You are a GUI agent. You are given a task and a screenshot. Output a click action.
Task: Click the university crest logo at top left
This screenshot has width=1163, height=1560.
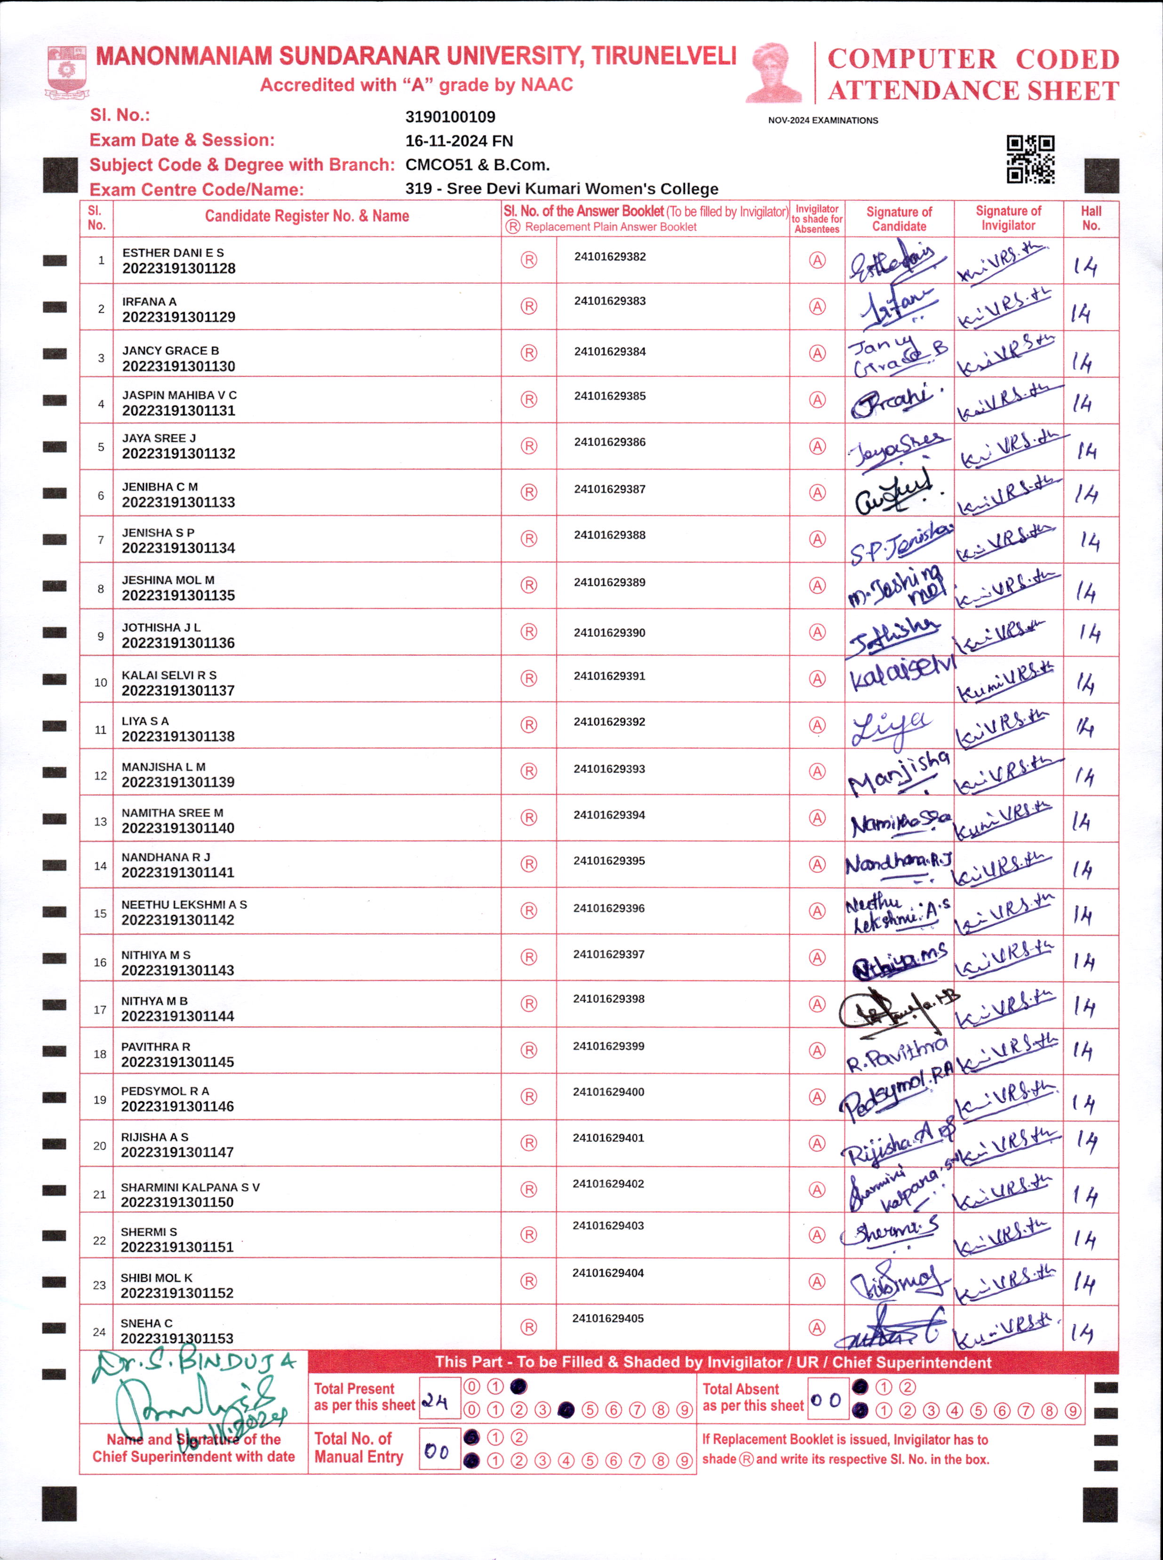click(67, 71)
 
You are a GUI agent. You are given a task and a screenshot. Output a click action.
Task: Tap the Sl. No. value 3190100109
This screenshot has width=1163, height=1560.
click(450, 117)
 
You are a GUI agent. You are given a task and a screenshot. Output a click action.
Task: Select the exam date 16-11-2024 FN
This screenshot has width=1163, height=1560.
click(458, 141)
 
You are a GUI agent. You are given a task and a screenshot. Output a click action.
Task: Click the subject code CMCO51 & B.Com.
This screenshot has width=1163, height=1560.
click(477, 165)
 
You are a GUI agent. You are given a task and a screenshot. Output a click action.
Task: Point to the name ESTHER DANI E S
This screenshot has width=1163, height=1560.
click(173, 253)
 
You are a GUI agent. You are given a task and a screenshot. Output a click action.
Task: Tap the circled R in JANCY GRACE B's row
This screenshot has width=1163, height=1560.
click(529, 353)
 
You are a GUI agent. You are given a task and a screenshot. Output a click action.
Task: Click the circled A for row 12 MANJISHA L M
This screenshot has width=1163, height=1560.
click(817, 772)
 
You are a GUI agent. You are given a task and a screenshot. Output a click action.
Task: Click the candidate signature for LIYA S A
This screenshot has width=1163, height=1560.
click(891, 728)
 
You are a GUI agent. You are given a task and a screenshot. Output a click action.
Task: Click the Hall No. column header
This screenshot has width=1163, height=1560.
click(1091, 218)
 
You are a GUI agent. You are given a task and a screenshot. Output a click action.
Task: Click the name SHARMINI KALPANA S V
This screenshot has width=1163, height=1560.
click(190, 1187)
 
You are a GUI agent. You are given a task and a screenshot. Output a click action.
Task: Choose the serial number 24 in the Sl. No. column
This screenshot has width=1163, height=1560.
click(99, 1332)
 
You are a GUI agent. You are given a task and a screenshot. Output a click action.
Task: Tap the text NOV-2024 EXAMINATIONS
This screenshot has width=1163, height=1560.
click(822, 120)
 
